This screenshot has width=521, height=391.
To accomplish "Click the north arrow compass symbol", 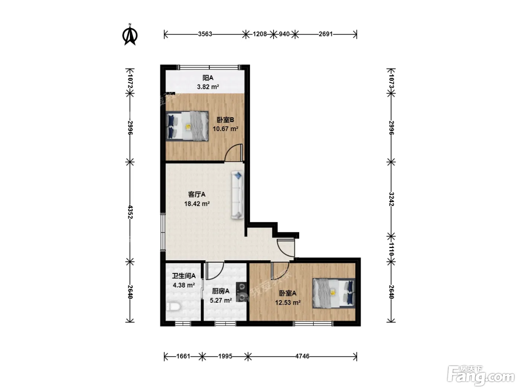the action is point(130,35).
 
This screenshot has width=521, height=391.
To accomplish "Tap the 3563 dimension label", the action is point(205,34).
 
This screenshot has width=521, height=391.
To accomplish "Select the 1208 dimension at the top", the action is point(260,34).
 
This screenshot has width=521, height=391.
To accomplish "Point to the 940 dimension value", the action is point(284,34).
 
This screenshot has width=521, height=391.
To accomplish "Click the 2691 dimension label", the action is point(326,34).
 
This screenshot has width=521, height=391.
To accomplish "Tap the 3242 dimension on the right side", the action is point(391,199).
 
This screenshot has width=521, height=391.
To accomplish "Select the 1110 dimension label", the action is point(391,249).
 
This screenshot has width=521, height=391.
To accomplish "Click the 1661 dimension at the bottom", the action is point(183,356).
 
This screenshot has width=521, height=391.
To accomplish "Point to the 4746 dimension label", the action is point(302,356).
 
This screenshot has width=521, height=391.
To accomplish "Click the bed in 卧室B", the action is point(187,126).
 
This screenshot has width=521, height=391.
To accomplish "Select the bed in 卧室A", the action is point(334,293).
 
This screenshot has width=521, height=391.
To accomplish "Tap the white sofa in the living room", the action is point(237,195).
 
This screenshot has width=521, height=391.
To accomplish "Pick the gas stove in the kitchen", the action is point(241,292).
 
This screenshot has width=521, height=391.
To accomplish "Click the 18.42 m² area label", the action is point(197,204).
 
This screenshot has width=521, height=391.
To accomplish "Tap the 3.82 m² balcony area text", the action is point(208,87).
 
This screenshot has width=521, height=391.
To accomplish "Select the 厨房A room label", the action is point(221,291).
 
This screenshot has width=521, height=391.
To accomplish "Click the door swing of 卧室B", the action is point(234,153).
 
